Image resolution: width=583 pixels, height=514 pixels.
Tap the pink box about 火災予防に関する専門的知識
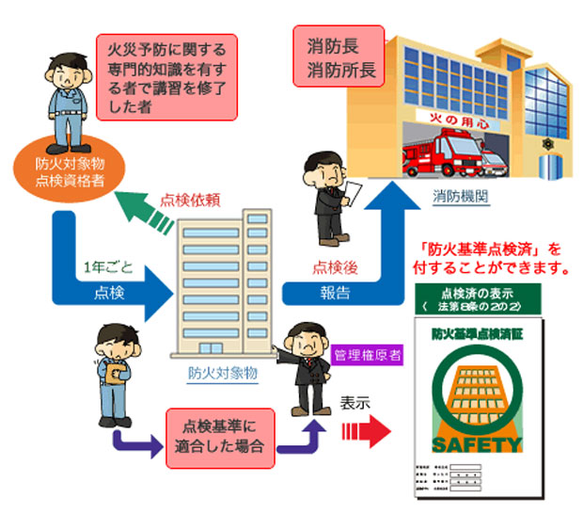pyautogui.click(x=167, y=76)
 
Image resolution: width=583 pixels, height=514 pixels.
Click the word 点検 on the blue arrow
pyautogui.click(x=107, y=293)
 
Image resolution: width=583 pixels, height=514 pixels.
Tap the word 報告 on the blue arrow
pyautogui.click(x=330, y=293)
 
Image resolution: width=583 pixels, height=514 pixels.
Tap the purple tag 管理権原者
pyautogui.click(x=366, y=356)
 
